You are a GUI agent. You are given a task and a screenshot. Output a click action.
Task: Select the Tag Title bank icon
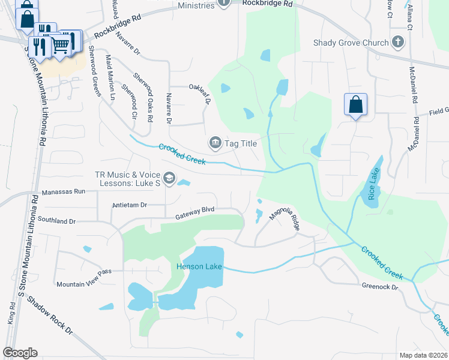214,143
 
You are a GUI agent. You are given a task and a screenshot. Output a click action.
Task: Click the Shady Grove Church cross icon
397,42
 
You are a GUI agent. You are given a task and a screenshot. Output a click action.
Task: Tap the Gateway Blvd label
194,214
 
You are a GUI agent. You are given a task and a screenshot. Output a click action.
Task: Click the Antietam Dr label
130,205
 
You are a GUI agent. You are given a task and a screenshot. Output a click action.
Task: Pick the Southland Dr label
56,221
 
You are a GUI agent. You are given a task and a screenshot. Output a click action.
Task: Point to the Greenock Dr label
380,287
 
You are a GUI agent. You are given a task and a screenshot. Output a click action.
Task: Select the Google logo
20,352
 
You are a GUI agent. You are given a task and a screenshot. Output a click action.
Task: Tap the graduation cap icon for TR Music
169,178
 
